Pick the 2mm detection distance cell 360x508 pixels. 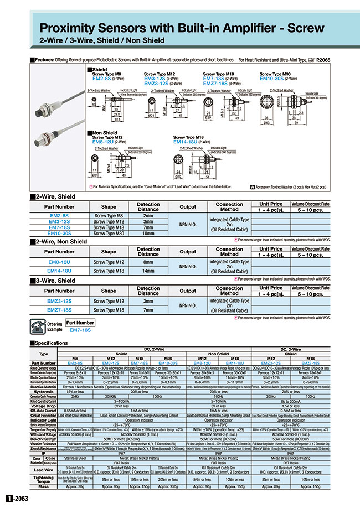(x=148, y=215)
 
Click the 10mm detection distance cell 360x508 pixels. (x=148, y=234)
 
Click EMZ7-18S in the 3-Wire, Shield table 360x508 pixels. (x=59, y=310)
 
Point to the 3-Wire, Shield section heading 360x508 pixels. (x=55, y=281)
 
